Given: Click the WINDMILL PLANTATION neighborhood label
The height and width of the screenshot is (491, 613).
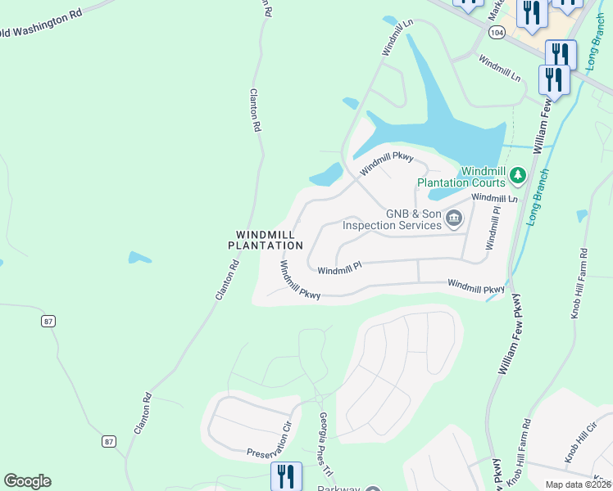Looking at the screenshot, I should (265, 240).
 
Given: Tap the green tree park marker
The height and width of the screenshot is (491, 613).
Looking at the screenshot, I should (517, 174).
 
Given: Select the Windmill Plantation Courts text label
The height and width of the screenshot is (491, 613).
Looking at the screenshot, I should (461, 177).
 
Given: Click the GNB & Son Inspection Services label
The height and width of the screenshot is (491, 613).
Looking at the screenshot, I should (392, 219).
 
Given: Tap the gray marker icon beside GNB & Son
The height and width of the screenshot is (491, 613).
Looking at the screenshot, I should (454, 218).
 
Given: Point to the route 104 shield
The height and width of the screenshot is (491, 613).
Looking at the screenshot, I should (495, 32).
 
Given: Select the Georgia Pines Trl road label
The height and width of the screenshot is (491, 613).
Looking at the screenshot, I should (325, 446).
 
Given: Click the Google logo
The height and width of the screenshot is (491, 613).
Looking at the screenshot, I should (27, 481).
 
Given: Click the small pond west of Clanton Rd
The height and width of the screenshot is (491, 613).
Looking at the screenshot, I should (139, 258).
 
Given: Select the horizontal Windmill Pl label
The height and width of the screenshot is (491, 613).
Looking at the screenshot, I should (339, 270).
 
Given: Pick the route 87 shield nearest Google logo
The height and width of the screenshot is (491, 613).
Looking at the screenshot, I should (110, 441).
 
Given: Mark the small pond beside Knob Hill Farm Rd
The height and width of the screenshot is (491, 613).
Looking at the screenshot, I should (582, 216).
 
